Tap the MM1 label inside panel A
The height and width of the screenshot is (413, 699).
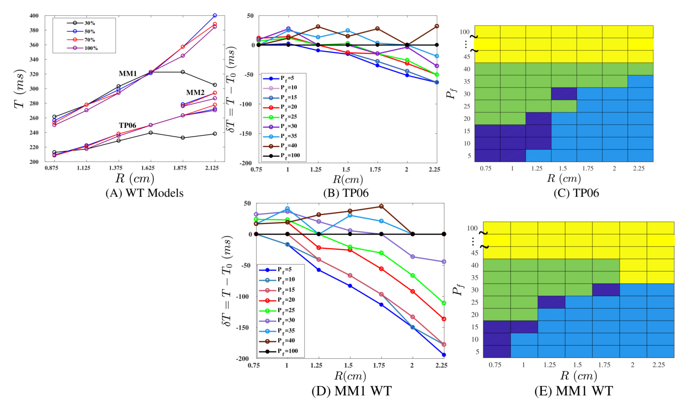(x=128, y=73)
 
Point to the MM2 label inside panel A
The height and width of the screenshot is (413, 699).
(x=195, y=93)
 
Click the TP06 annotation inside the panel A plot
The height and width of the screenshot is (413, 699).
(x=127, y=125)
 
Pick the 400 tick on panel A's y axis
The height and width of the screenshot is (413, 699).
(x=34, y=16)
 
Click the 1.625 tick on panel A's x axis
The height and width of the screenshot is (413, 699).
(x=148, y=168)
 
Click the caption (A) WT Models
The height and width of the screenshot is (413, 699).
(x=144, y=193)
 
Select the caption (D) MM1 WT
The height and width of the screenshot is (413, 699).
(x=351, y=391)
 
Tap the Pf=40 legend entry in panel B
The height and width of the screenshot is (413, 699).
(x=289, y=146)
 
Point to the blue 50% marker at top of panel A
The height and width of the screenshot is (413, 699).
(x=215, y=15)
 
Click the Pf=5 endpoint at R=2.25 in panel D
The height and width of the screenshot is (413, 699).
(x=444, y=355)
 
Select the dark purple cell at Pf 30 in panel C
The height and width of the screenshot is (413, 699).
(x=564, y=94)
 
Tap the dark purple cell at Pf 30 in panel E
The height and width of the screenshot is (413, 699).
(x=606, y=289)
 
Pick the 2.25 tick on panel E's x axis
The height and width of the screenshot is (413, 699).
(x=659, y=365)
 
